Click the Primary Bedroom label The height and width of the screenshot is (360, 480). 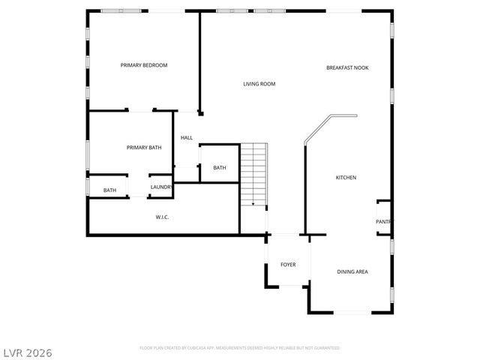tap(144, 65)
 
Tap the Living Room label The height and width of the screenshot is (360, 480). tap(259, 84)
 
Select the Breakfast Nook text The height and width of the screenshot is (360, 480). tap(347, 67)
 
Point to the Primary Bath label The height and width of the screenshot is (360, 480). tap(143, 148)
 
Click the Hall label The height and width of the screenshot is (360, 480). tap(187, 138)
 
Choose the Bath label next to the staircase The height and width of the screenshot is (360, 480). tap(219, 168)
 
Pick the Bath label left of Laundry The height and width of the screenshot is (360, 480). tap(109, 190)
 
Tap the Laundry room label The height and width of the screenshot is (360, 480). tap(161, 187)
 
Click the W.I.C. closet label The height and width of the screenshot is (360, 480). tap(162, 217)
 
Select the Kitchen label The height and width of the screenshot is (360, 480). tap(346, 178)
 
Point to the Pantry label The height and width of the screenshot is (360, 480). tap(383, 221)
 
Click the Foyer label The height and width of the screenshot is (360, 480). tap(288, 265)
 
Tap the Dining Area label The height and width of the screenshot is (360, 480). tap(352, 271)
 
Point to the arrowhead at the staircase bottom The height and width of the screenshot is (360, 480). tap(253, 203)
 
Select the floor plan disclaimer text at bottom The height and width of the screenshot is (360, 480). tap(240, 348)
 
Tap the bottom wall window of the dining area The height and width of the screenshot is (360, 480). tap(349, 312)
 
